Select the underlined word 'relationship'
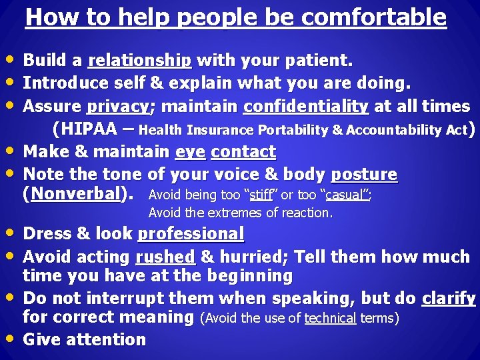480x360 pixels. pos(140,61)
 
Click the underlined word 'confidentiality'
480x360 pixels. pos(306,107)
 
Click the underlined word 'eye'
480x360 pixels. pos(190,152)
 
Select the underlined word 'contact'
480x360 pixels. pos(243,152)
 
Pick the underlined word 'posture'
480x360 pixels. pos(364,175)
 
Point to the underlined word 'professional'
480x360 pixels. pos(191,234)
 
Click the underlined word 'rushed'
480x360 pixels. pos(165,257)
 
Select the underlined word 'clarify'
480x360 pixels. pos(449,298)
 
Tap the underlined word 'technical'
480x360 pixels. pos(330,319)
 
